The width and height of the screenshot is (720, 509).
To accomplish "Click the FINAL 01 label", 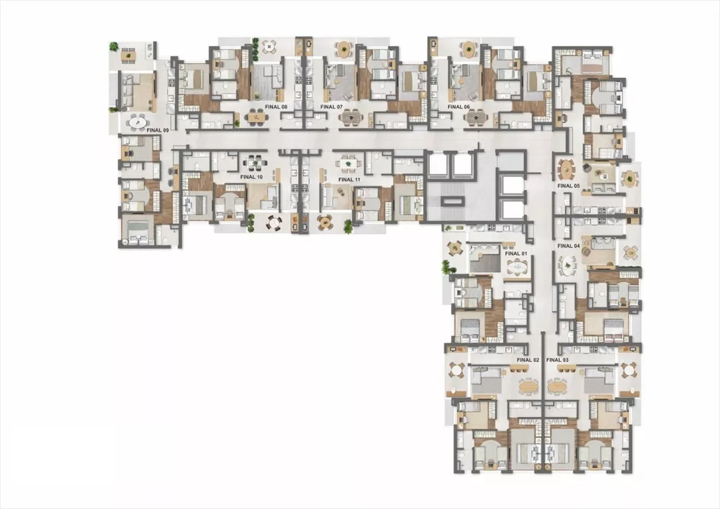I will click(516, 253).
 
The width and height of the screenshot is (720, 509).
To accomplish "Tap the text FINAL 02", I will click(528, 359).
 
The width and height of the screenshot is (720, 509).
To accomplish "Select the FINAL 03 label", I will click(557, 359).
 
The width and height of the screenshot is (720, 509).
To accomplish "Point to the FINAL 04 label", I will click(568, 246).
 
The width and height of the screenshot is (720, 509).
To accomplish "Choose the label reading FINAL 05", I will click(568, 186).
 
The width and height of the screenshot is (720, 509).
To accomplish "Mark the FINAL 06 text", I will click(459, 107).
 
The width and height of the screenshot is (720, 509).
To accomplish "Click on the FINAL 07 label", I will click(331, 107).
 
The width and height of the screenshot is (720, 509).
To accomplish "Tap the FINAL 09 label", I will click(157, 130).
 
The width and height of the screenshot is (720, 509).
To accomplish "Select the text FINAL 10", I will click(252, 176).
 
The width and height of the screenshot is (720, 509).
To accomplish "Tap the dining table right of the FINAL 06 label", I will click(476, 116).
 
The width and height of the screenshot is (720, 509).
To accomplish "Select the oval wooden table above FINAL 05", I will click(567, 170).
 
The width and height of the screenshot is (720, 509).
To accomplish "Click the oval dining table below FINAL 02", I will click(528, 386).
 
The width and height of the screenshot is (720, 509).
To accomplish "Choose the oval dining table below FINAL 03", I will click(557, 386).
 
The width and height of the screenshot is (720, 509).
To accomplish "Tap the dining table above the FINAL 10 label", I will click(253, 163).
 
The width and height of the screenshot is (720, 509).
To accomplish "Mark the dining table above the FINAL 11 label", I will click(349, 164).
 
